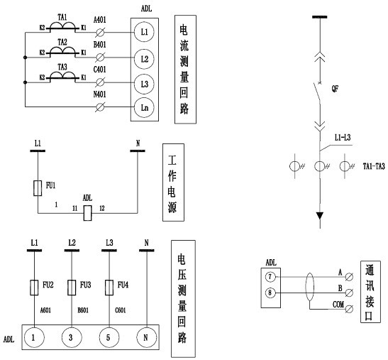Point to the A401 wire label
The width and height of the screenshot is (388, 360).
click(100, 20)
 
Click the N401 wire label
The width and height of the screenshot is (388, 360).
click(100, 94)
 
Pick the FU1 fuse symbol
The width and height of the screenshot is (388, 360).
click(38, 188)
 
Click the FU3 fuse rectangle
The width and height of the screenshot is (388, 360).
click(72, 288)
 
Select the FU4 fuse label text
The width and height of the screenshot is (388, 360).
click(123, 285)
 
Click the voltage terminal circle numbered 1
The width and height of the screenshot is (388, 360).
click(34, 337)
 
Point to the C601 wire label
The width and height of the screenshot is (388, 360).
click(121, 310)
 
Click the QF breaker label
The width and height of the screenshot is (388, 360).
click(335, 89)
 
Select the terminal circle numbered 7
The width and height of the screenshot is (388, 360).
click(270, 277)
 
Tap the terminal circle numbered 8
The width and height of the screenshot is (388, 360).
click(270, 293)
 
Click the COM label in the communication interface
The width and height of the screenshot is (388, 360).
click(338, 304)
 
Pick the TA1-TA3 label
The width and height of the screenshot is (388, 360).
click(374, 166)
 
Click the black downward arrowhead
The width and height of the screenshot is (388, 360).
click(320, 216)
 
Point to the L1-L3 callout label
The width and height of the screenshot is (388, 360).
click(343, 138)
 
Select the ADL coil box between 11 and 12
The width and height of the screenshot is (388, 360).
click(87, 213)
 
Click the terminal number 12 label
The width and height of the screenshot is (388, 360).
click(102, 208)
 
